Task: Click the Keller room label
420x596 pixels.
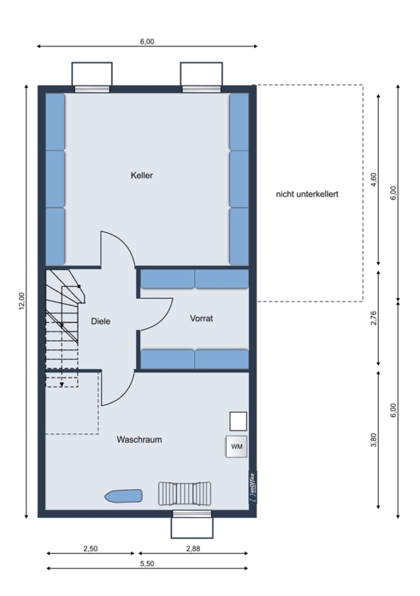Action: (x=142, y=175)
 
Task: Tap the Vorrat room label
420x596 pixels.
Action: (x=201, y=318)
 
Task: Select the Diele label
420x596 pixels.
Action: (x=101, y=321)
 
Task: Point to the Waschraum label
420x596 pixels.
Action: (x=139, y=440)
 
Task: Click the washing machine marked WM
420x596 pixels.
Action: (x=237, y=446)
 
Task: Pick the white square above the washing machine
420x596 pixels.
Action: (x=238, y=421)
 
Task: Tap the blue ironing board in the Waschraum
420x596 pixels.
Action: (x=124, y=495)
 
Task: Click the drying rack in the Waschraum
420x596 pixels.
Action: (x=185, y=494)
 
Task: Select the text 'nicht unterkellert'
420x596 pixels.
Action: (x=307, y=194)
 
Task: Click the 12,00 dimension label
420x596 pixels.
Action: (x=22, y=301)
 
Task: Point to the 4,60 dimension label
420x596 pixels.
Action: (x=374, y=179)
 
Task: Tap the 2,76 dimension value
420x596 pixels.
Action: (x=374, y=318)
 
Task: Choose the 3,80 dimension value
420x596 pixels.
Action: (x=374, y=440)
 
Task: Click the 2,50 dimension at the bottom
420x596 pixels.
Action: (x=91, y=548)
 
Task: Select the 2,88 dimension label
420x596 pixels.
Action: (x=193, y=548)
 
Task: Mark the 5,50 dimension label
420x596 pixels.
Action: (x=147, y=564)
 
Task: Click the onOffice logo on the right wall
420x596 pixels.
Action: (x=253, y=487)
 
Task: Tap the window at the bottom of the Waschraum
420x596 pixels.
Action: (x=192, y=514)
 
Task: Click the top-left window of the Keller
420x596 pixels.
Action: (x=92, y=89)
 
